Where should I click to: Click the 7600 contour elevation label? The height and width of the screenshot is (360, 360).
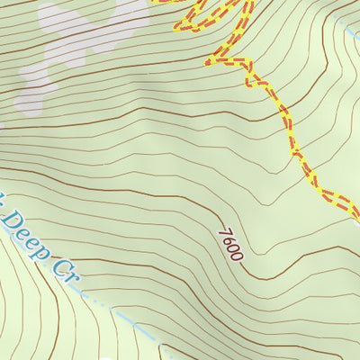pyautogui.click(x=230, y=243)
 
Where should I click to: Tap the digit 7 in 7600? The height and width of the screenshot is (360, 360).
pyautogui.click(x=223, y=230)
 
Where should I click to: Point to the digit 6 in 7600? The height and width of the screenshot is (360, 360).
pyautogui.click(x=228, y=238)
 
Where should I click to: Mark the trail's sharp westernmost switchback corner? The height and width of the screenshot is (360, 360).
pyautogui.click(x=209, y=62)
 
